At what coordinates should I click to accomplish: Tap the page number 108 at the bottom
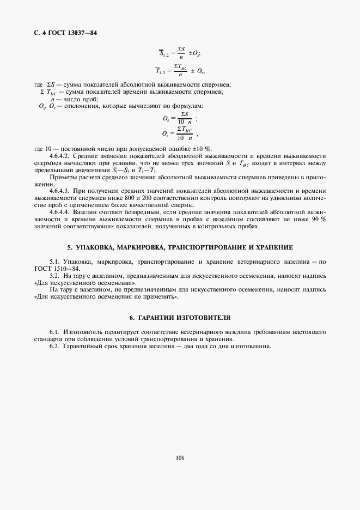coord(180,458)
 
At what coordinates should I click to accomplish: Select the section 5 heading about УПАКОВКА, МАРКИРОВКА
coord(180,247)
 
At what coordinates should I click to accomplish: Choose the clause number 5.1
coord(54,262)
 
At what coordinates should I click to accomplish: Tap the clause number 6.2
coord(54,346)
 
